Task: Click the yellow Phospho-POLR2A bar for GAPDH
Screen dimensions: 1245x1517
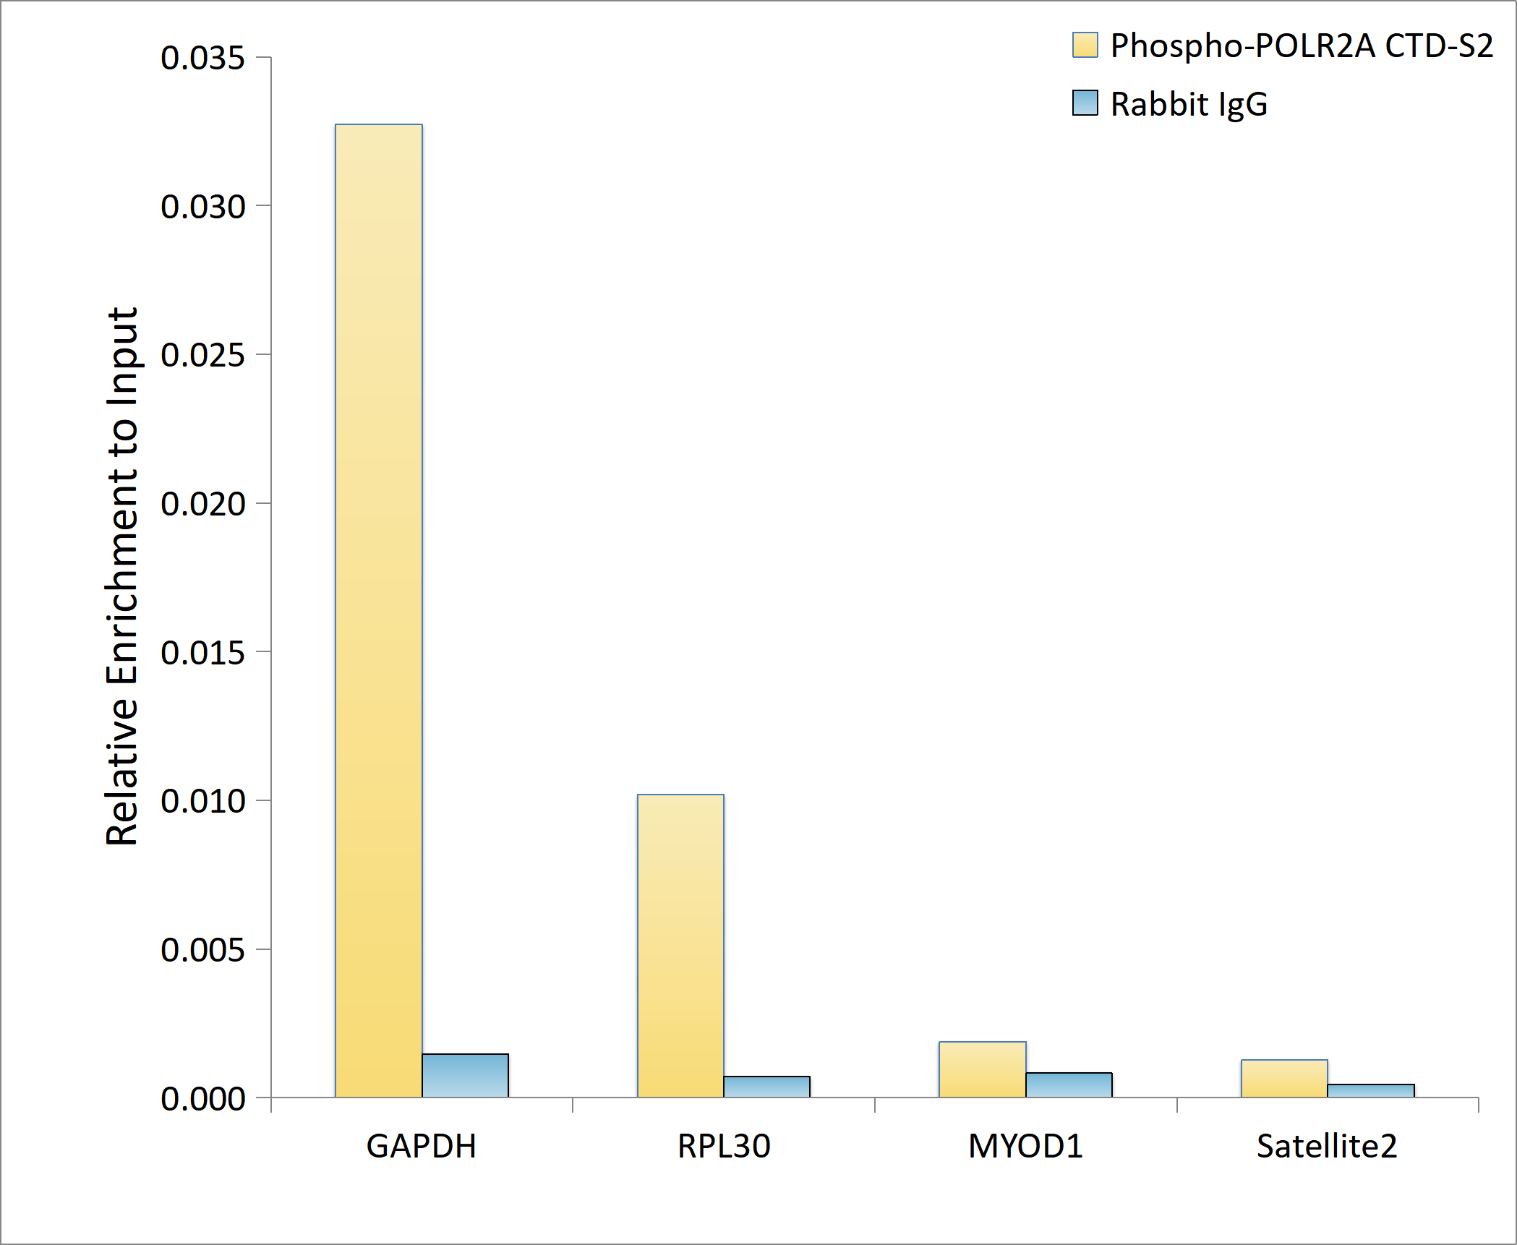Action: (378, 611)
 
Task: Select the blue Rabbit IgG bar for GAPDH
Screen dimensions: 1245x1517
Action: (465, 1076)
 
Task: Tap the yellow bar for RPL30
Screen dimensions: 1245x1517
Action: (680, 946)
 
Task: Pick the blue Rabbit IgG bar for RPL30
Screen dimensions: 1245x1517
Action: (766, 1087)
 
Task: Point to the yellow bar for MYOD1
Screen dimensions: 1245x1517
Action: (982, 1069)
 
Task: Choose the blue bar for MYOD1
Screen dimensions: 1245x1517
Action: (1069, 1085)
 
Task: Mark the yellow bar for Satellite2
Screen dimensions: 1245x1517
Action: (1284, 1079)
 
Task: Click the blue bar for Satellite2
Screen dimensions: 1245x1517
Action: (1371, 1091)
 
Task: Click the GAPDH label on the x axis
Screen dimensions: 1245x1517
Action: (421, 1147)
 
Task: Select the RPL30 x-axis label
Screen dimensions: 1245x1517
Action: (724, 1147)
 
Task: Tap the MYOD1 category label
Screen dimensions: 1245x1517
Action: (1025, 1147)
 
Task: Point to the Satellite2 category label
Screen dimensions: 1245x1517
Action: (1327, 1147)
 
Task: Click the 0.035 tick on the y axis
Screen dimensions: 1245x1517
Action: (202, 58)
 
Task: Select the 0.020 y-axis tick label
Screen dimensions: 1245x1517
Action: (202, 504)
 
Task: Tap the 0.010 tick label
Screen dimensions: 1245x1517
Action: (202, 801)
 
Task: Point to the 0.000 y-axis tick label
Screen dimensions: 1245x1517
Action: (202, 1099)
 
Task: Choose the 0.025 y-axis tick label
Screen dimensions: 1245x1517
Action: (202, 355)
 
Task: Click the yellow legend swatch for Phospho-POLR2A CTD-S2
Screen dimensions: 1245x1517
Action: (1085, 45)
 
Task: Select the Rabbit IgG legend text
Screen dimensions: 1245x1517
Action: (1189, 104)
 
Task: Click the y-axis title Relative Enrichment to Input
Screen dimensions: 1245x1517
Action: (121, 576)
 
